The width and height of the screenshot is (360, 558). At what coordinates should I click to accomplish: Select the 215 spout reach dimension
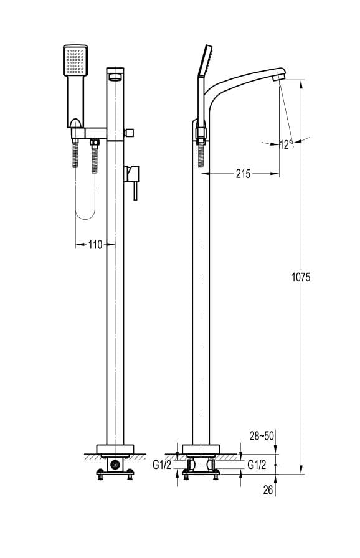click(243, 174)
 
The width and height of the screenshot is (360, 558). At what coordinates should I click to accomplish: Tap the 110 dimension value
click(95, 245)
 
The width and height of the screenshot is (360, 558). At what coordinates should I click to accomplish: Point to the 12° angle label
click(286, 144)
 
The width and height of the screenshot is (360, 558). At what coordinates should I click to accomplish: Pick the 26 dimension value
click(268, 490)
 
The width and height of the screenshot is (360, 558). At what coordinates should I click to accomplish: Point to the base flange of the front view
click(115, 450)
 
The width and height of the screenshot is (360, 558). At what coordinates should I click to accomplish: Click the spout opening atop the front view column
click(116, 77)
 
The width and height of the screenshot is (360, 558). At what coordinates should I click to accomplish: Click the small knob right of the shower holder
click(132, 133)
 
